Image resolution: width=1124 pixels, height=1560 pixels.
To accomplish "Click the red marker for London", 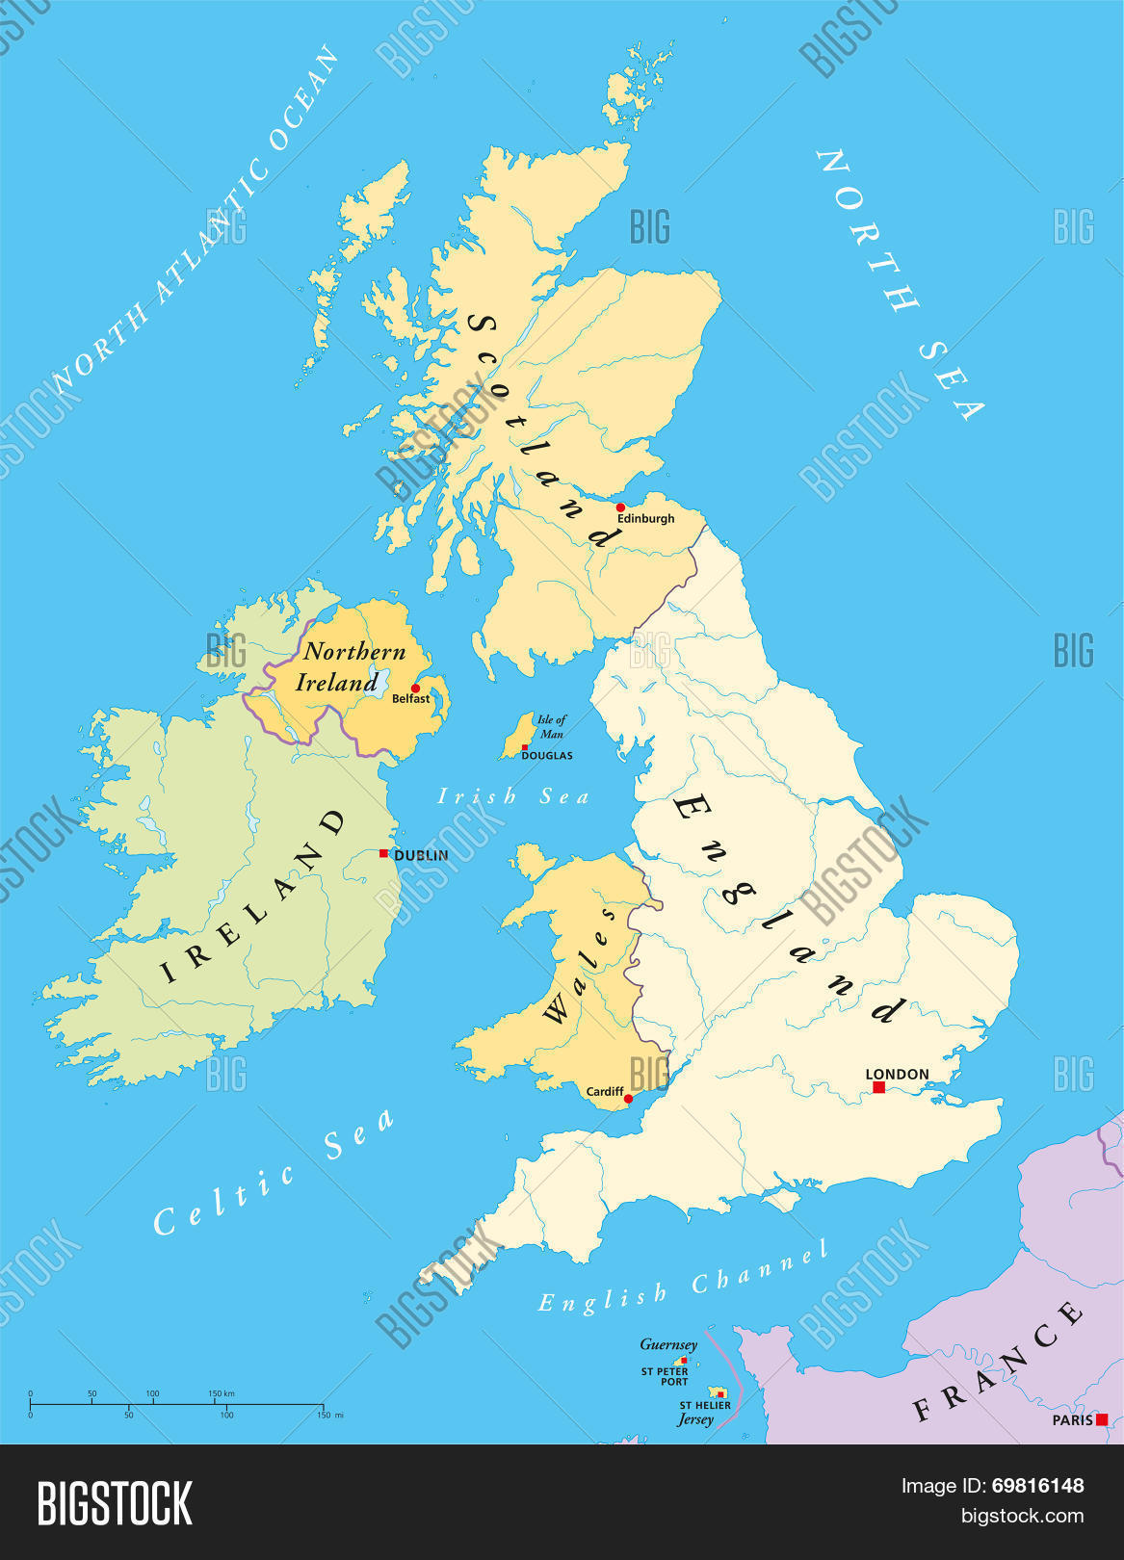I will tap(878, 1087).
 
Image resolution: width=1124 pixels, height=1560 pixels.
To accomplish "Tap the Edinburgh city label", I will tap(645, 518).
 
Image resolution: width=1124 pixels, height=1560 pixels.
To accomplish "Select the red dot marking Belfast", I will tap(416, 688).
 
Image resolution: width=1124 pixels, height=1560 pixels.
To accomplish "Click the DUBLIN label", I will tap(421, 855).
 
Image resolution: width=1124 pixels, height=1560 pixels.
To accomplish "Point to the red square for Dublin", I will tap(383, 853).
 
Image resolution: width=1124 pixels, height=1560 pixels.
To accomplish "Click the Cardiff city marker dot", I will tap(628, 1099).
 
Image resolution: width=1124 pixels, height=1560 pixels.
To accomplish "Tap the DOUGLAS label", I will tap(547, 756).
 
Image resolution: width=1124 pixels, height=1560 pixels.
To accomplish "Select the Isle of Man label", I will tap(551, 726).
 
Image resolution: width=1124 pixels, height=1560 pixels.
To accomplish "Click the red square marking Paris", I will tap(1102, 1419).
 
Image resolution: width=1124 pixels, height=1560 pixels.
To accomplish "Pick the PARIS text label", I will tap(1072, 1420).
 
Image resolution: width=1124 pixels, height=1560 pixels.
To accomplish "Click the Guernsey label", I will tap(668, 1344).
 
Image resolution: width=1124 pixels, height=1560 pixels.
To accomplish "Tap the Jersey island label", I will tap(695, 1419).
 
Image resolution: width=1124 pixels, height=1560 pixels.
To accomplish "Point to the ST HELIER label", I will tap(705, 1405).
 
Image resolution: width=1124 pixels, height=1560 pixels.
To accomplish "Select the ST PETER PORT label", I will tap(665, 1376).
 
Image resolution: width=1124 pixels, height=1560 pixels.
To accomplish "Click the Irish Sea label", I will tap(512, 796).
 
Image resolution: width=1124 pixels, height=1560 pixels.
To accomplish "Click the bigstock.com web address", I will tap(1023, 1516).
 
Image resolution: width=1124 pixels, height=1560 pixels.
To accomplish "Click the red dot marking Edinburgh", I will tap(620, 507).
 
